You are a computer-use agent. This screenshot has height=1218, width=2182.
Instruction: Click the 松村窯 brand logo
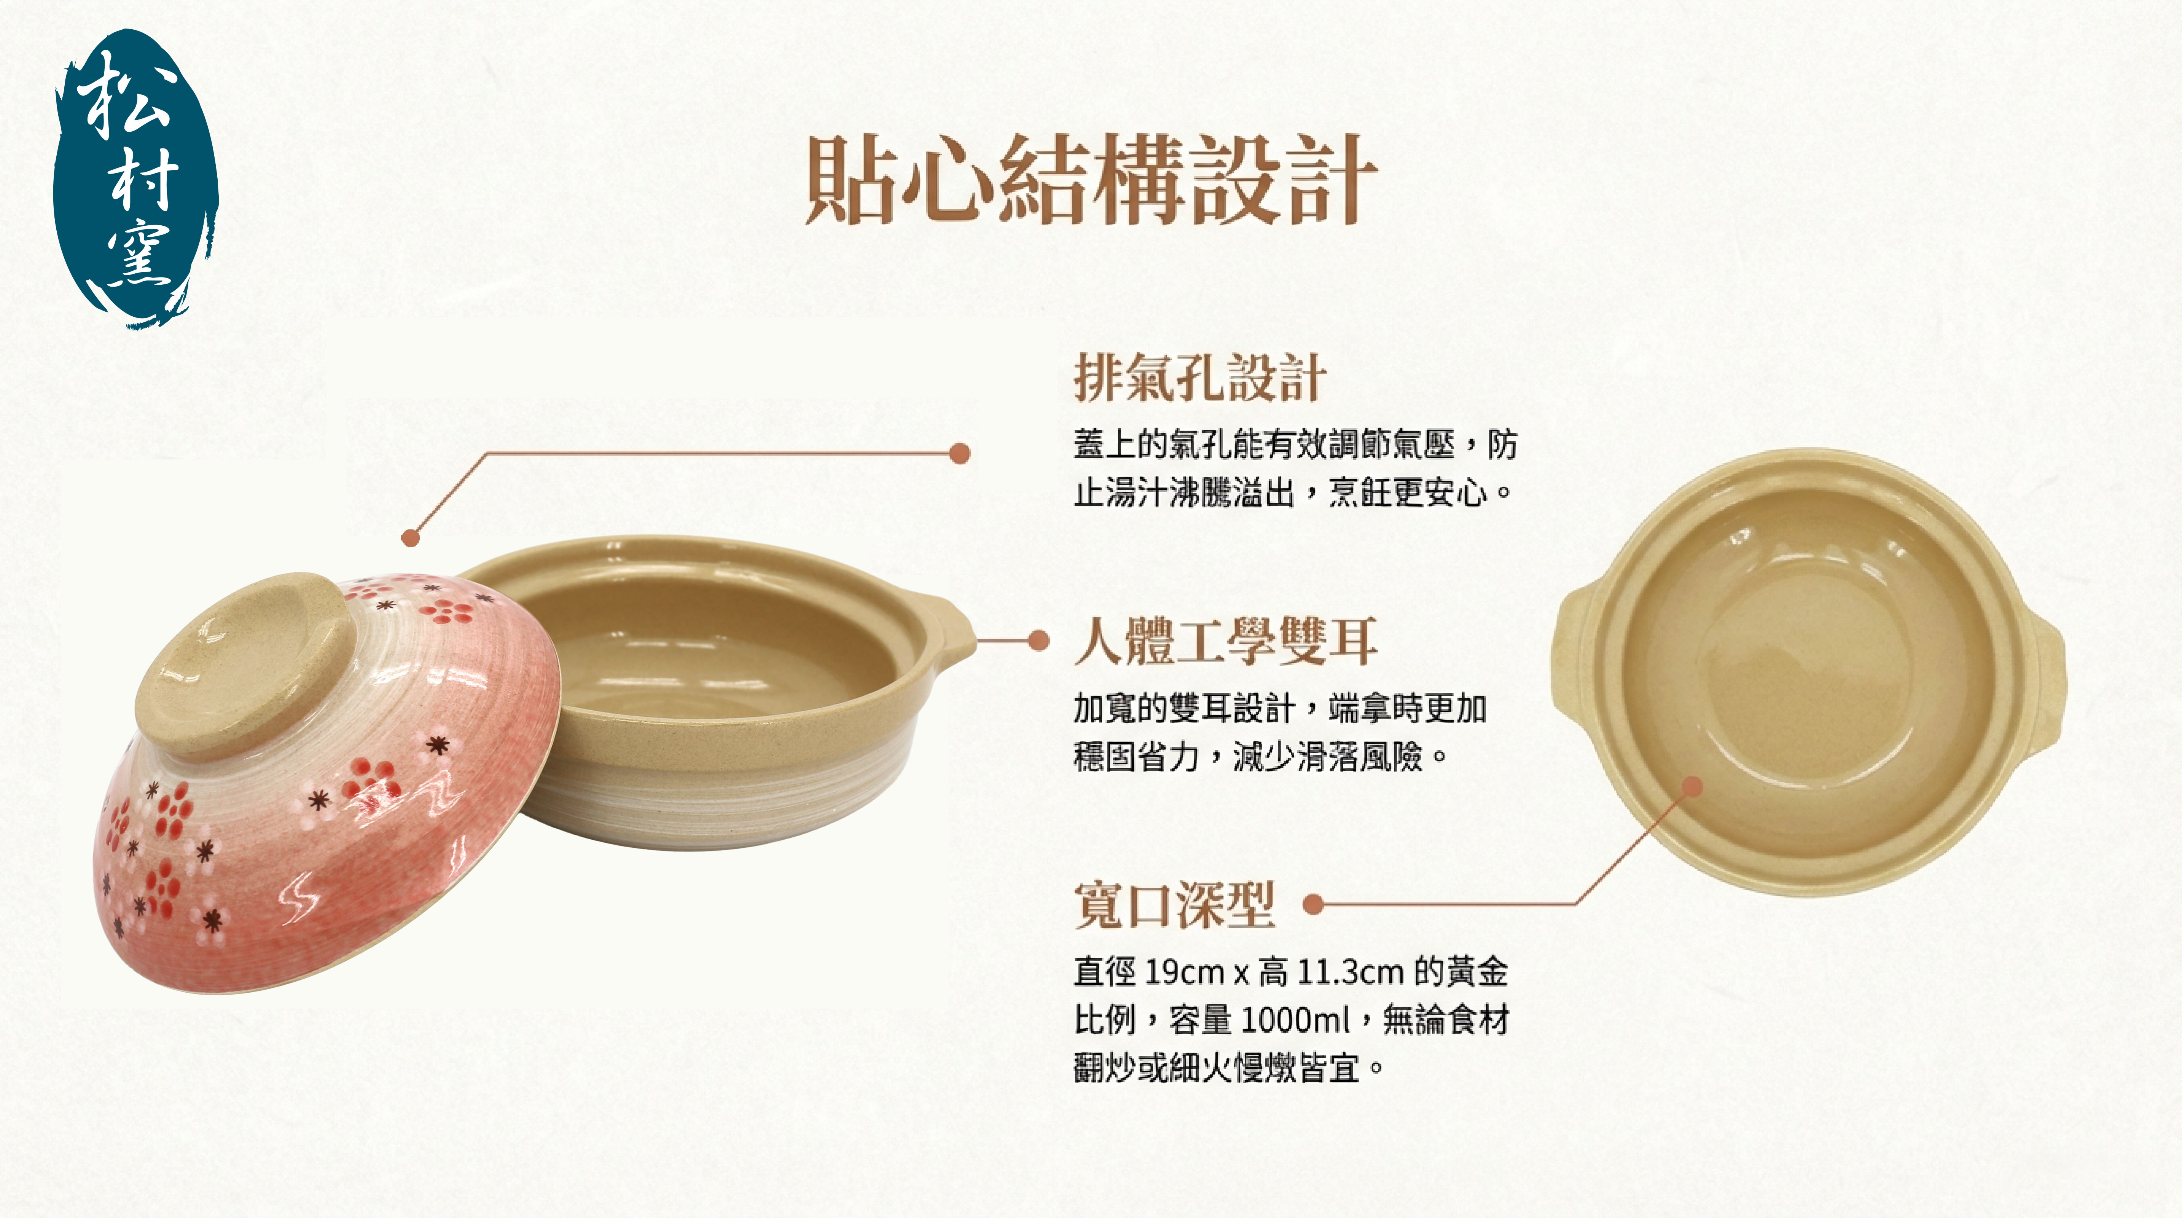point(135,178)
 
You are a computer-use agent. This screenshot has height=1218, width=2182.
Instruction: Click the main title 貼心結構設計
point(1091,180)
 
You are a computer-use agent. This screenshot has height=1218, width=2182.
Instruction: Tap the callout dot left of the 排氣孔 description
point(960,453)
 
